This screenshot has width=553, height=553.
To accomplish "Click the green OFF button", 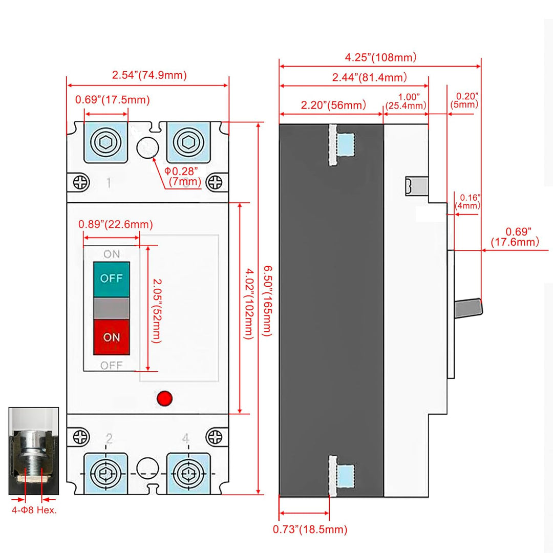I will pos(111,279).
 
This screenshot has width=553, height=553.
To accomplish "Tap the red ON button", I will pos(111,337).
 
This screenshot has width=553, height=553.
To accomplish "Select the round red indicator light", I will pos(164,398).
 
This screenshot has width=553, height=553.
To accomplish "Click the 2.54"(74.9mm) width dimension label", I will pos(149,75).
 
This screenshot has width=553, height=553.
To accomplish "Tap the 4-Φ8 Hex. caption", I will pos(34,510).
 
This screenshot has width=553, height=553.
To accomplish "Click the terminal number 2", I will pos(109,438).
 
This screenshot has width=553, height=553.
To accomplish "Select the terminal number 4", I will pos(185,438).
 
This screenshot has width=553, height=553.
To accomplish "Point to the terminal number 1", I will pos(109,183).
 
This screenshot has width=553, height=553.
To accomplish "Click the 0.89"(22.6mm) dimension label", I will pos(115,224).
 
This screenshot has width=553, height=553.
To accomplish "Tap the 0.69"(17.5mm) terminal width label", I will pos(112,99).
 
